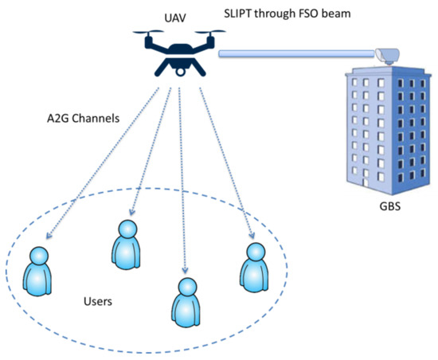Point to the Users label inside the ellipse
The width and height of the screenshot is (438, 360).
[x=100, y=303]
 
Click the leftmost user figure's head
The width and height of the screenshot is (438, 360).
[x=37, y=257]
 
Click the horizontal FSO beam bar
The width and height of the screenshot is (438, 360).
[x=295, y=54]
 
